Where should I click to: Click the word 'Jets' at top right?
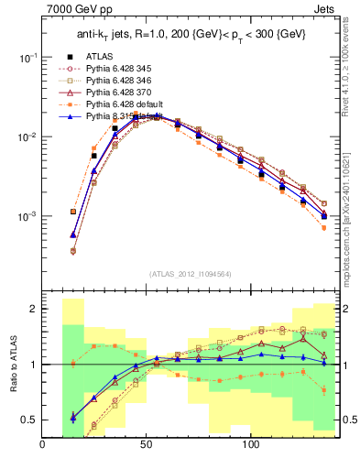325,10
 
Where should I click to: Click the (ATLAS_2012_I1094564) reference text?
190,273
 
